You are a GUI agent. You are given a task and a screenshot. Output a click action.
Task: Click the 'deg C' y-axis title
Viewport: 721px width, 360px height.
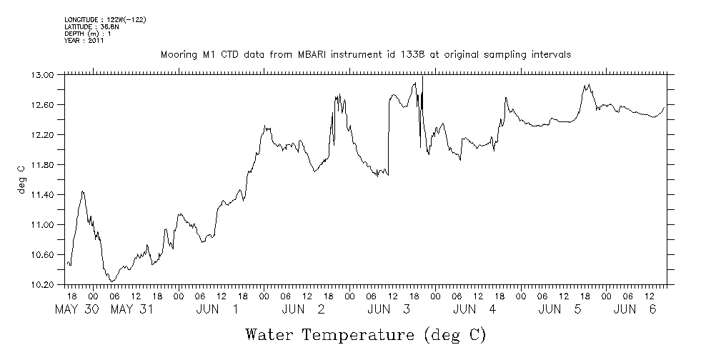click(21, 179)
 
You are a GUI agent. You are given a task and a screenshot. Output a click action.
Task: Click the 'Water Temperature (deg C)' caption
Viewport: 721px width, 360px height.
click(366, 334)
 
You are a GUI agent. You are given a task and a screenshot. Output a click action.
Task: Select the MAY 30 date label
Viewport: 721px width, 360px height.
click(81, 309)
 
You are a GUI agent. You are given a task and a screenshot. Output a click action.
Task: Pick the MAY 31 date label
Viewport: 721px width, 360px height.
click(133, 309)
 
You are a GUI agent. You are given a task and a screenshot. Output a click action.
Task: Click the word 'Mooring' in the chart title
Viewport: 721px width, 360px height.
click(179, 55)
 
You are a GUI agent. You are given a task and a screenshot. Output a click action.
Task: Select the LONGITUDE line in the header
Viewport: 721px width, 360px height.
click(105, 19)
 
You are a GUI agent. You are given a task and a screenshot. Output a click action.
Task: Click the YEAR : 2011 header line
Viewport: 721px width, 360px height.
click(84, 41)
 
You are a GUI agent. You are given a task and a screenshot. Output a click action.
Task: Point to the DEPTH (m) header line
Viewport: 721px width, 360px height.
click(88, 34)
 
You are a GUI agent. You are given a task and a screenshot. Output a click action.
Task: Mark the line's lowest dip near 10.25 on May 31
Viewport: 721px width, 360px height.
click(112, 281)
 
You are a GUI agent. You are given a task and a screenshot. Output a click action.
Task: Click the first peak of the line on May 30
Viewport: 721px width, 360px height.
click(83, 191)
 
